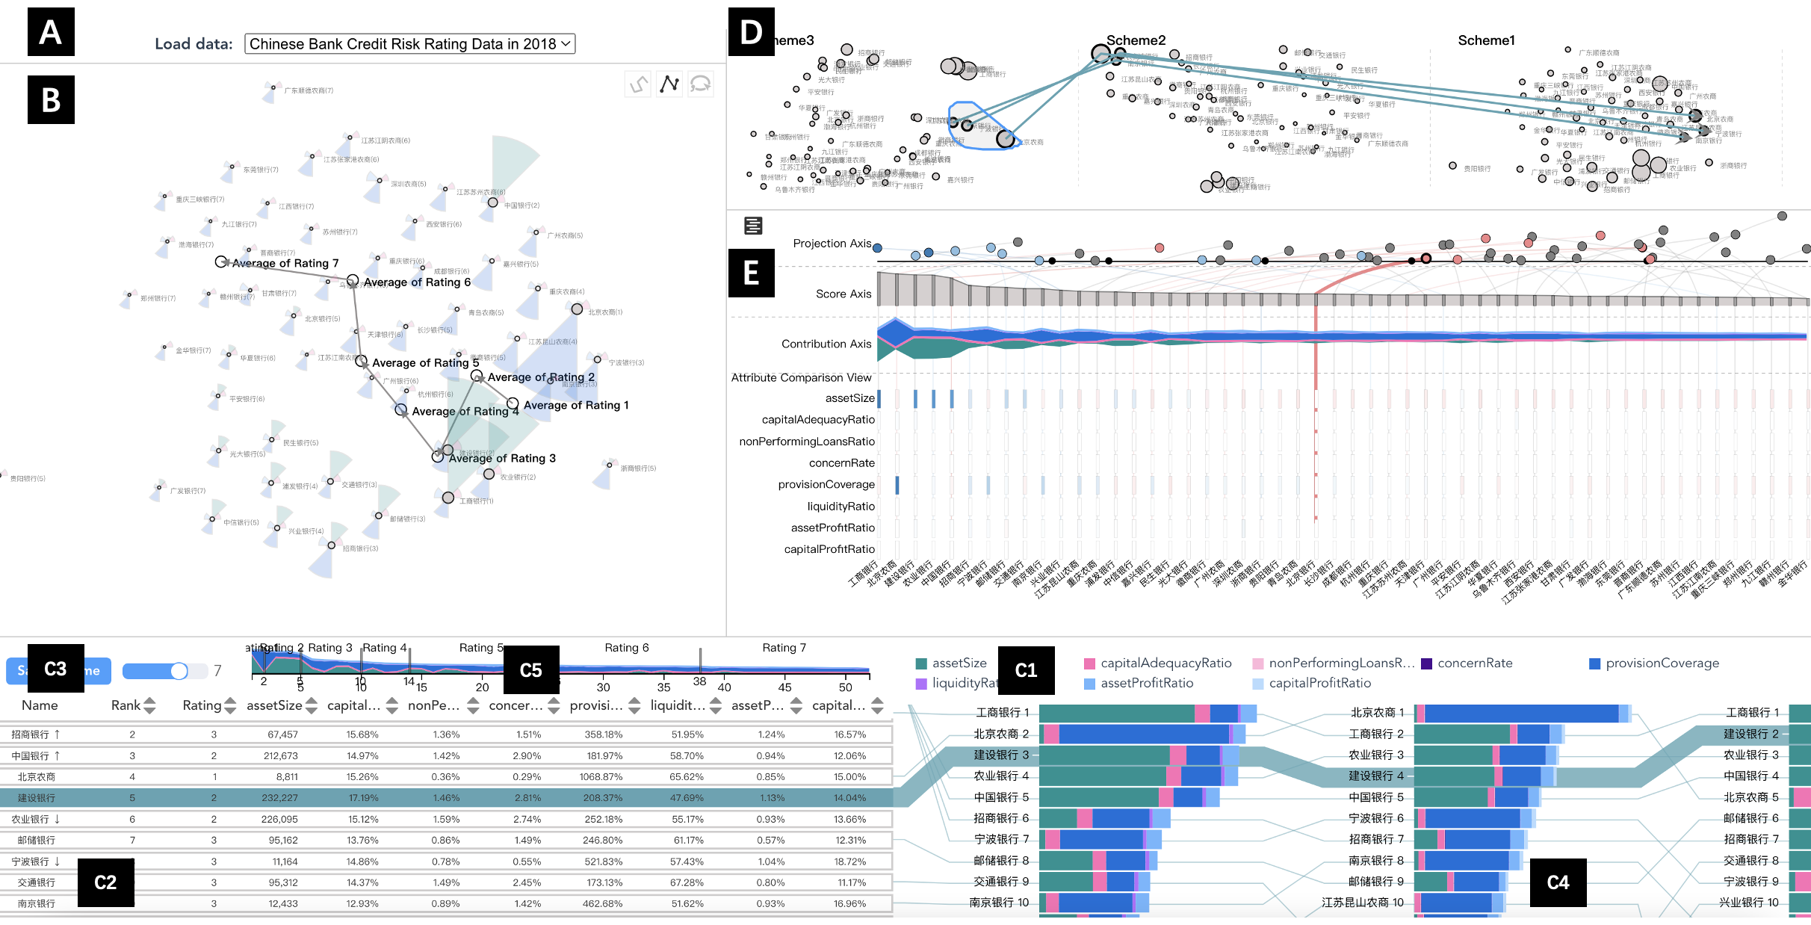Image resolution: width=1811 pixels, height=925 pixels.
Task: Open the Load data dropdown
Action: (x=409, y=44)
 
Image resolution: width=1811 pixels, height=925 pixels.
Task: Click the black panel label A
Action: (x=51, y=32)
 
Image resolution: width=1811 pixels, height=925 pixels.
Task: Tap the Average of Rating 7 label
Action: (x=285, y=263)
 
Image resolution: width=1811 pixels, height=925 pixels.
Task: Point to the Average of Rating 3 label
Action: (x=502, y=458)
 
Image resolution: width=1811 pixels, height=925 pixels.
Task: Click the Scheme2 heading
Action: (x=1136, y=40)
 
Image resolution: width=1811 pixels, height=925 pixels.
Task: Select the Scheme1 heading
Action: (x=1486, y=40)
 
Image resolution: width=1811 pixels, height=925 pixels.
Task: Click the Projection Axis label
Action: (x=832, y=244)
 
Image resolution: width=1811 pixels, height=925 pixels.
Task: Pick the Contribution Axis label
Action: (x=826, y=344)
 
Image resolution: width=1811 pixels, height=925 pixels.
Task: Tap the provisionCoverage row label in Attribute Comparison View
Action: (x=826, y=484)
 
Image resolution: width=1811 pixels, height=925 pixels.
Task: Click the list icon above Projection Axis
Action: (x=753, y=226)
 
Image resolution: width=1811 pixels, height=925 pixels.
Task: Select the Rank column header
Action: (x=126, y=705)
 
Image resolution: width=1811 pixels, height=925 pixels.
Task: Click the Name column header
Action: (x=40, y=705)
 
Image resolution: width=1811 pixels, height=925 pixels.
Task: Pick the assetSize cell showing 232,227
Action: (x=279, y=798)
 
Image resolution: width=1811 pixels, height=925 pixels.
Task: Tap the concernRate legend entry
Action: (x=1474, y=663)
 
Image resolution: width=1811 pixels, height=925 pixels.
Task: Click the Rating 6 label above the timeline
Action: (x=626, y=648)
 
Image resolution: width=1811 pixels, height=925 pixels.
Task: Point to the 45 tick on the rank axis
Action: (x=784, y=687)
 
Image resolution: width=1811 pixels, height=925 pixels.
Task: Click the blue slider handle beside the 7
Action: (x=179, y=671)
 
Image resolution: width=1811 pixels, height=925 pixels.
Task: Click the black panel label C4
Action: (x=1558, y=882)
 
